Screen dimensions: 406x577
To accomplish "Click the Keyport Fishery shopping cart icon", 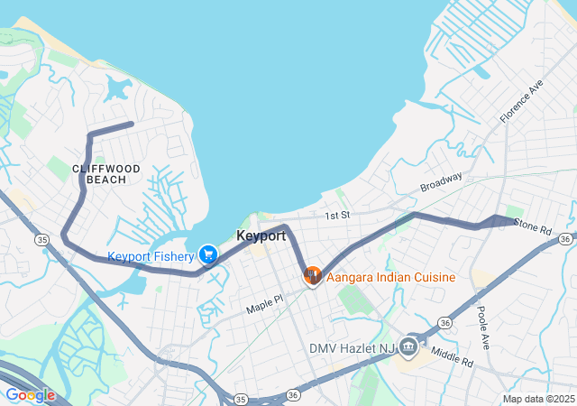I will (208, 256).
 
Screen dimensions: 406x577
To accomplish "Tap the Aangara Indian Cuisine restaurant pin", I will (313, 275).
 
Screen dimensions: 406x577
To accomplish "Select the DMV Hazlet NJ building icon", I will (408, 347).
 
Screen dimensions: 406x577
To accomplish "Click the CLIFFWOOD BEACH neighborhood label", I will (106, 174).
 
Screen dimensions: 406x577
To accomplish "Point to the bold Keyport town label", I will (261, 235).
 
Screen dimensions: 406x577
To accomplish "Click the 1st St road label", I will (337, 216).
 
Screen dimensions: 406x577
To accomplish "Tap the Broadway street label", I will (441, 181).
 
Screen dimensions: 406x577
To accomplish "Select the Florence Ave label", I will (522, 101).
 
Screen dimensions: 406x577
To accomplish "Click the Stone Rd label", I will (531, 226).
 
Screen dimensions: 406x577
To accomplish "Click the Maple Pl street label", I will (265, 303).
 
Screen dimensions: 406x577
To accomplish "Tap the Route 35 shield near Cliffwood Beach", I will (41, 239).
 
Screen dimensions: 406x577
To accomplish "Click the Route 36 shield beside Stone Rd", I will (564, 238).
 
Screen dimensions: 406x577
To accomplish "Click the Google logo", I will (30, 395).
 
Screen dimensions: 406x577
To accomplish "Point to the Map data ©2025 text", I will (537, 399).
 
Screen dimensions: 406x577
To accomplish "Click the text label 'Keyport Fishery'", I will (151, 256).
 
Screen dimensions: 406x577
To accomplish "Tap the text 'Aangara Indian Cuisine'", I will (390, 277).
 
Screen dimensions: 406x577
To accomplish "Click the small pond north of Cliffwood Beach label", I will (117, 88).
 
